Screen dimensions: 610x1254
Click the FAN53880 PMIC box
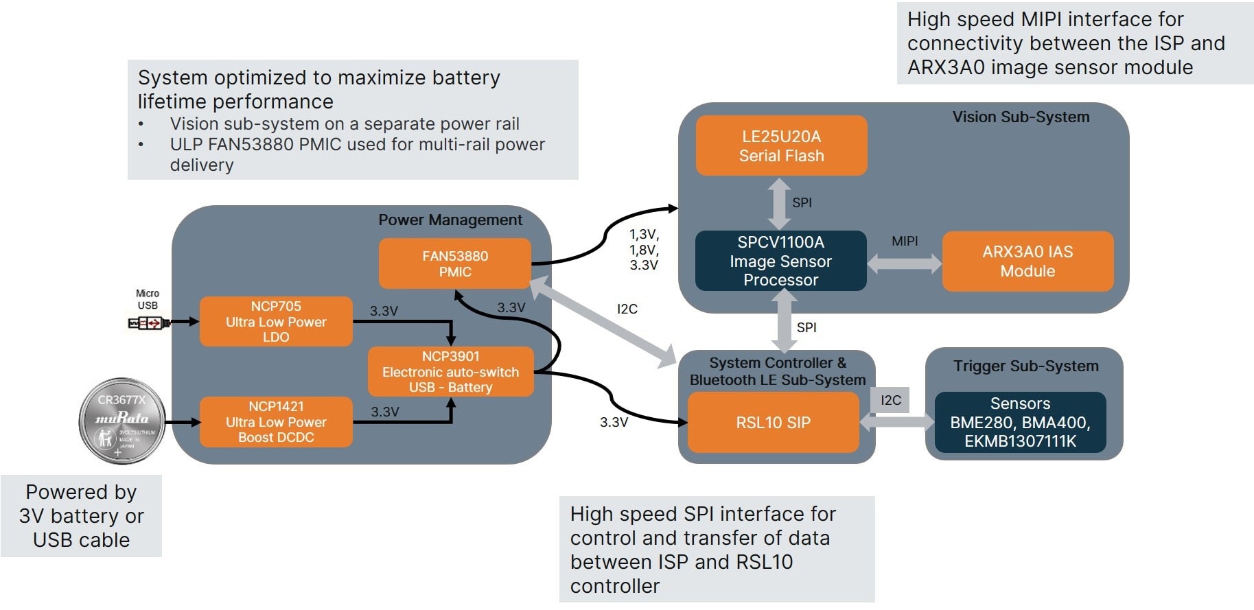point(454,263)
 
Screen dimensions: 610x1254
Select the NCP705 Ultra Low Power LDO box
point(276,321)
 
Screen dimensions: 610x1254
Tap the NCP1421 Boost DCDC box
point(276,421)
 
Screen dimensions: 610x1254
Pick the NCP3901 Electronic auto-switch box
point(450,371)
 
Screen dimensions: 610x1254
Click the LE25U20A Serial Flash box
point(781,145)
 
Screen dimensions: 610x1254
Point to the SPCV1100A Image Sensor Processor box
point(780,261)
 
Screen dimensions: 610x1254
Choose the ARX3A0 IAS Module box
point(1027,261)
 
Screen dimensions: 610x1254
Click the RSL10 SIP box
point(773,422)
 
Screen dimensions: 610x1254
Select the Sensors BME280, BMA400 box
point(1020,422)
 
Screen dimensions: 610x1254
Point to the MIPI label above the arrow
point(905,241)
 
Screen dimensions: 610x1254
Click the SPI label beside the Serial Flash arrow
point(802,202)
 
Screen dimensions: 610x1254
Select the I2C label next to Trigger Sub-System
point(891,400)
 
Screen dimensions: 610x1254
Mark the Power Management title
point(450,220)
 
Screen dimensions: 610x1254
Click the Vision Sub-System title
point(1021,117)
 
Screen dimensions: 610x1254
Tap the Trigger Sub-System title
point(1025,366)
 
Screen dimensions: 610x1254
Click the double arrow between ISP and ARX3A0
point(904,263)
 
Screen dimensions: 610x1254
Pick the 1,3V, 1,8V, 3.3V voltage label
point(644,250)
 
